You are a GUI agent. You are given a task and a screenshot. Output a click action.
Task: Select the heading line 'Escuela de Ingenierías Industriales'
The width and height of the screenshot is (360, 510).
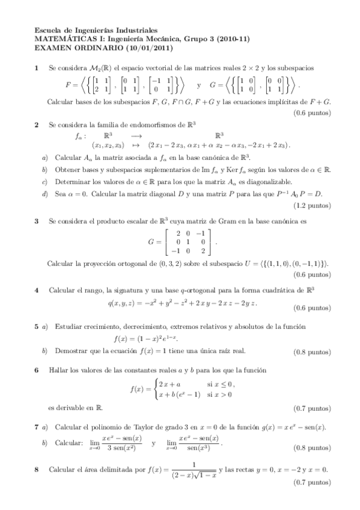96,29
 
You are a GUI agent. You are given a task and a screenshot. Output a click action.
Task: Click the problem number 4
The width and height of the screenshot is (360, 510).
37,290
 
